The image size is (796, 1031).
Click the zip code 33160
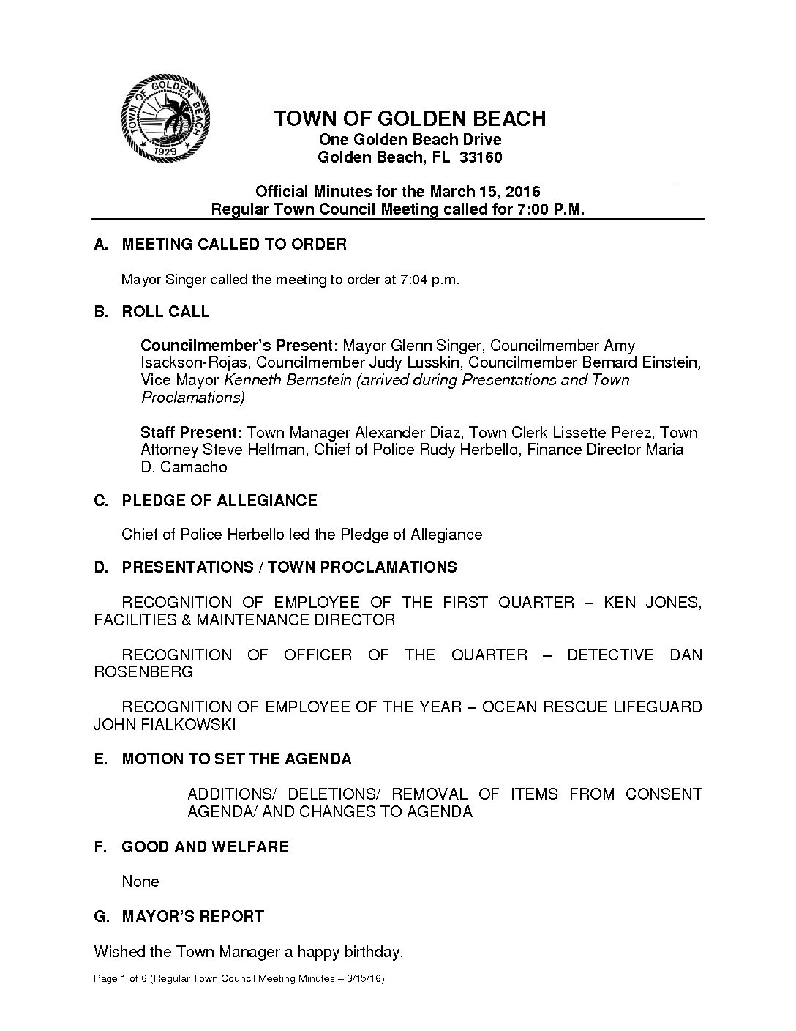(x=480, y=157)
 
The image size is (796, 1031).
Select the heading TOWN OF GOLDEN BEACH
(x=409, y=119)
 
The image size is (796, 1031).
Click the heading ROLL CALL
(x=165, y=312)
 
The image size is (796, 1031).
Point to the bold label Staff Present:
(x=192, y=432)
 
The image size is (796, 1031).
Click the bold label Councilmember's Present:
(x=239, y=345)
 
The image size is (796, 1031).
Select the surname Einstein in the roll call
(x=671, y=362)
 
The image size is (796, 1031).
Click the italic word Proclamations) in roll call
(x=192, y=398)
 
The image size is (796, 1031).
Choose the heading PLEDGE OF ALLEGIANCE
(x=219, y=501)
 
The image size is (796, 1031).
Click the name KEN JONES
(x=652, y=603)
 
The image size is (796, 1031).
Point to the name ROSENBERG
(x=143, y=672)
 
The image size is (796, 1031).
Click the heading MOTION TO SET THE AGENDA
(x=236, y=759)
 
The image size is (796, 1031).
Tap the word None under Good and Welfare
(x=140, y=882)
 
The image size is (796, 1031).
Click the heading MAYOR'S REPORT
(x=192, y=917)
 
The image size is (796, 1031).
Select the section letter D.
(x=100, y=567)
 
